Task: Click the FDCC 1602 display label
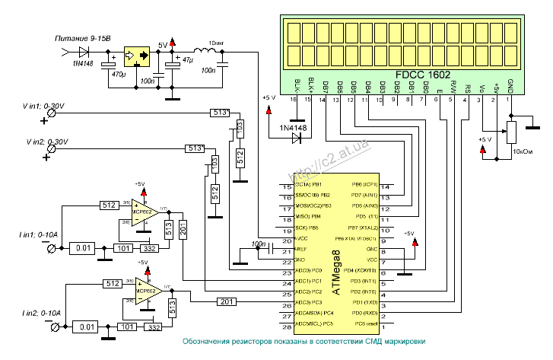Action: [428, 76]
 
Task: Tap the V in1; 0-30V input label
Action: [45, 106]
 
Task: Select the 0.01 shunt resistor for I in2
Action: [87, 327]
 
